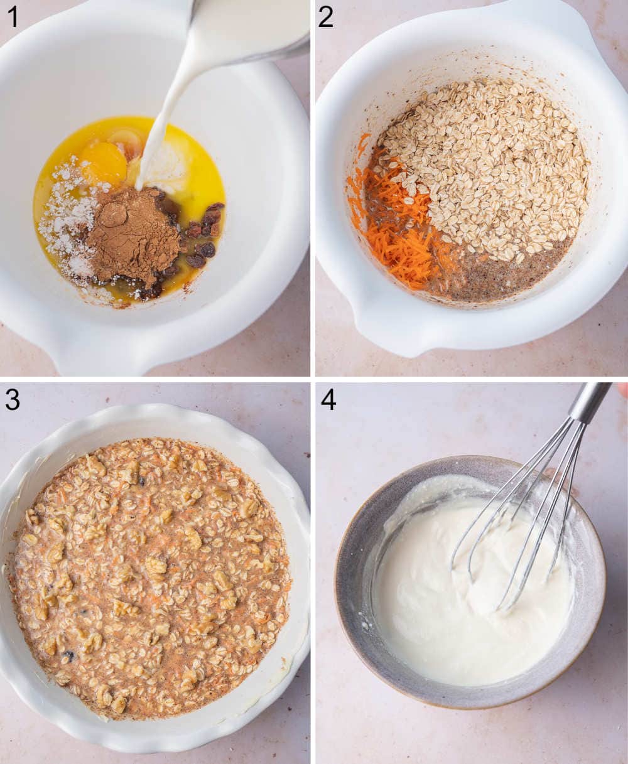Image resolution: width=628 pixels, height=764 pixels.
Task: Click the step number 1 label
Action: click(x=12, y=17)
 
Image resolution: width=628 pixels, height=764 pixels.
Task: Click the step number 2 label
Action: click(x=325, y=17)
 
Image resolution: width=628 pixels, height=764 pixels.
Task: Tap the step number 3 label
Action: click(x=12, y=400)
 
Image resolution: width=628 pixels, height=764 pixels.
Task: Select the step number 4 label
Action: click(x=328, y=400)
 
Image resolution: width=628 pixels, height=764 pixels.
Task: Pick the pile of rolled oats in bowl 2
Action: click(x=490, y=163)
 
